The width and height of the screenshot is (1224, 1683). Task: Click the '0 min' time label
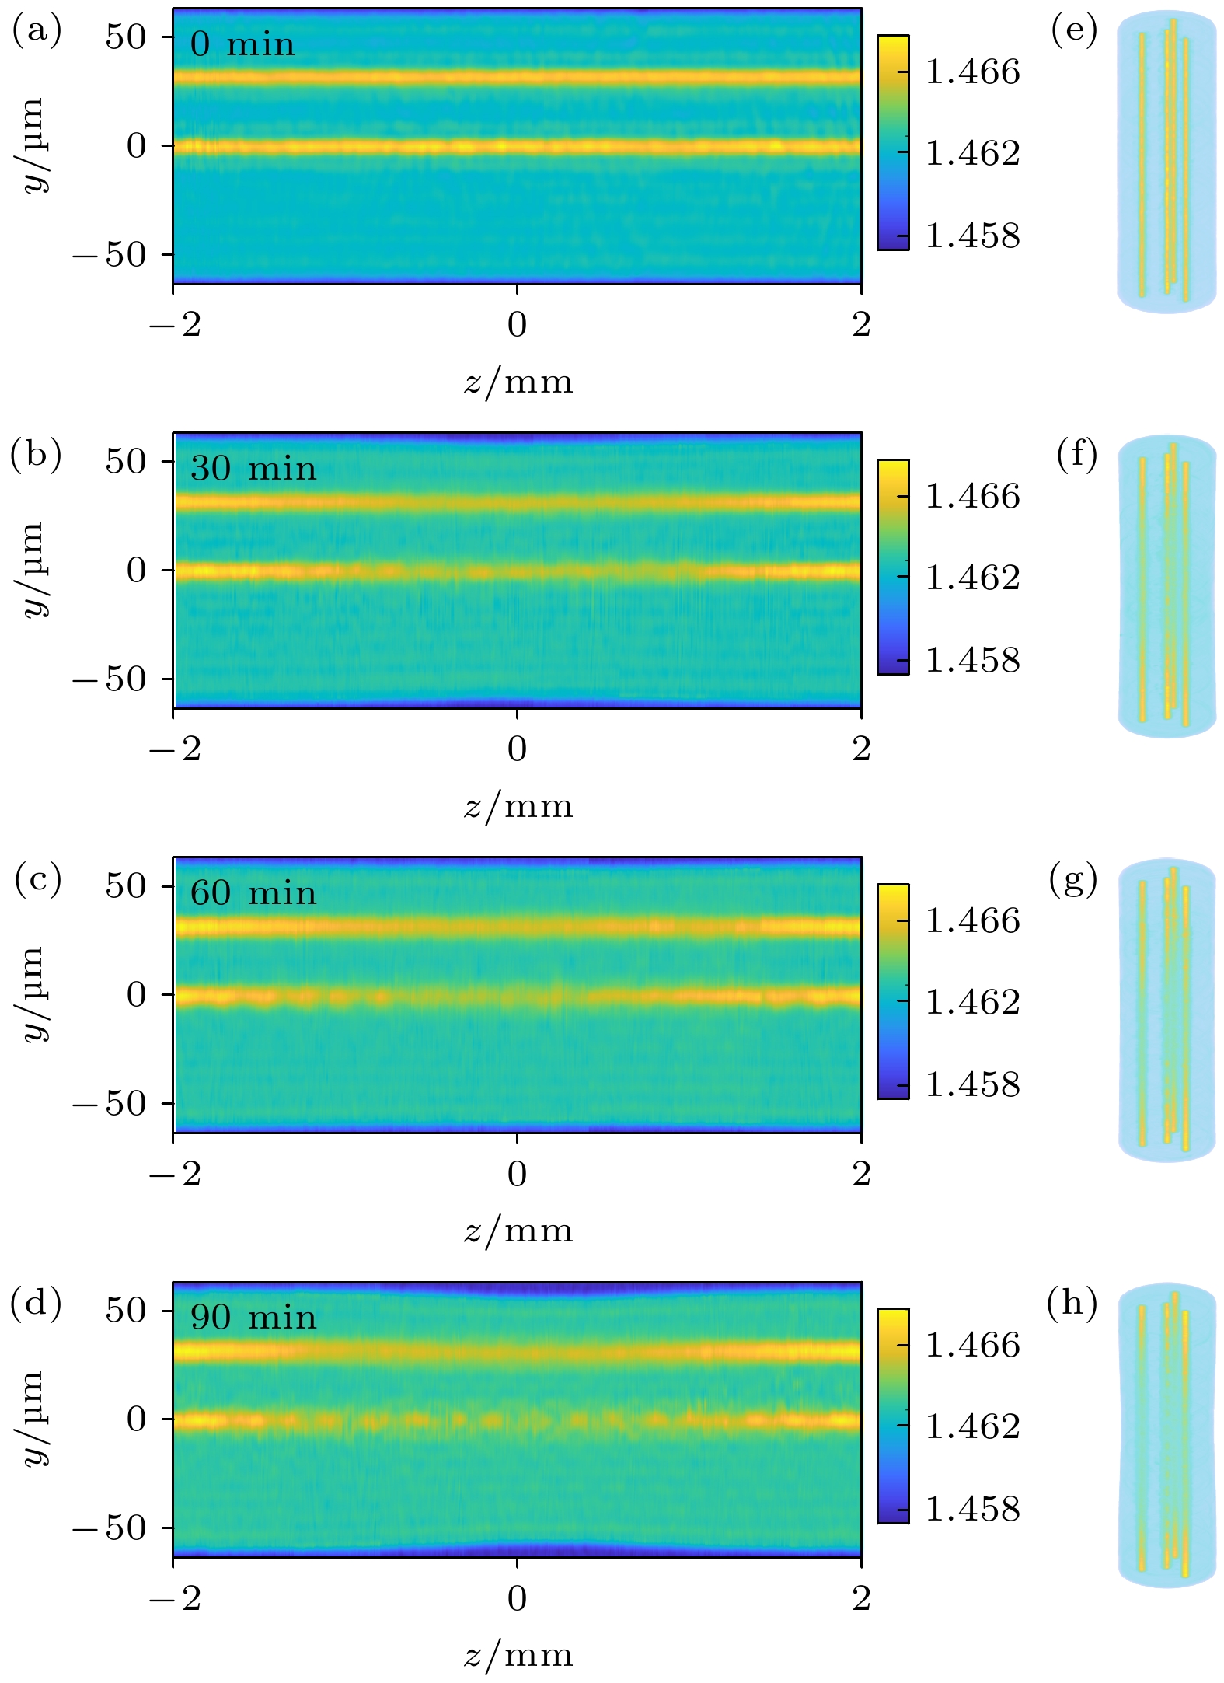pyautogui.click(x=242, y=44)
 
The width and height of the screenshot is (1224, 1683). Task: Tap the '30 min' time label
pyautogui.click(x=253, y=469)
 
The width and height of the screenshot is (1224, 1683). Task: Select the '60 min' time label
pyautogui.click(x=253, y=893)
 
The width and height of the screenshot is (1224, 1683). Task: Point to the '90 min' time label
pyautogui.click(x=253, y=1318)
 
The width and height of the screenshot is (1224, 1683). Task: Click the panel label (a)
pyautogui.click(x=36, y=31)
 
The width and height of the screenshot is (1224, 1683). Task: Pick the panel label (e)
pyautogui.click(x=1074, y=31)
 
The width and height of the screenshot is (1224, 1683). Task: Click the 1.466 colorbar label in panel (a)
pyautogui.click(x=972, y=72)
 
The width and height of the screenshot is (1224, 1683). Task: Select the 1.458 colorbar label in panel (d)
pyautogui.click(x=972, y=1509)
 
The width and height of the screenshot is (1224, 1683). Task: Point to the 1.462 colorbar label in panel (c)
pyautogui.click(x=972, y=1002)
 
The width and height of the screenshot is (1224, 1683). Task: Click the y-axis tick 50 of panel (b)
pyautogui.click(x=126, y=462)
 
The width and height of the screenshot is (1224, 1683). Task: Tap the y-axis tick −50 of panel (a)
pyautogui.click(x=109, y=255)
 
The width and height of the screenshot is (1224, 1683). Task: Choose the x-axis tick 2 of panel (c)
pyautogui.click(x=861, y=1174)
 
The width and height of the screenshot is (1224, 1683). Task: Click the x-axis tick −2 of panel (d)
pyautogui.click(x=175, y=1598)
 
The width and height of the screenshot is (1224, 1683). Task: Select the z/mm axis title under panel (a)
pyautogui.click(x=518, y=382)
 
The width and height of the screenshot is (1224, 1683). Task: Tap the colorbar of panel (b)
pyautogui.click(x=893, y=567)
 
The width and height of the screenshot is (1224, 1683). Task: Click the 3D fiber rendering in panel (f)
pyautogui.click(x=1166, y=586)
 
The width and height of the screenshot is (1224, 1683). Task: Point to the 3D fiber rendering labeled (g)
pyautogui.click(x=1166, y=1010)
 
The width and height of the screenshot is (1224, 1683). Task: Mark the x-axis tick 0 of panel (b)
pyautogui.click(x=518, y=749)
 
